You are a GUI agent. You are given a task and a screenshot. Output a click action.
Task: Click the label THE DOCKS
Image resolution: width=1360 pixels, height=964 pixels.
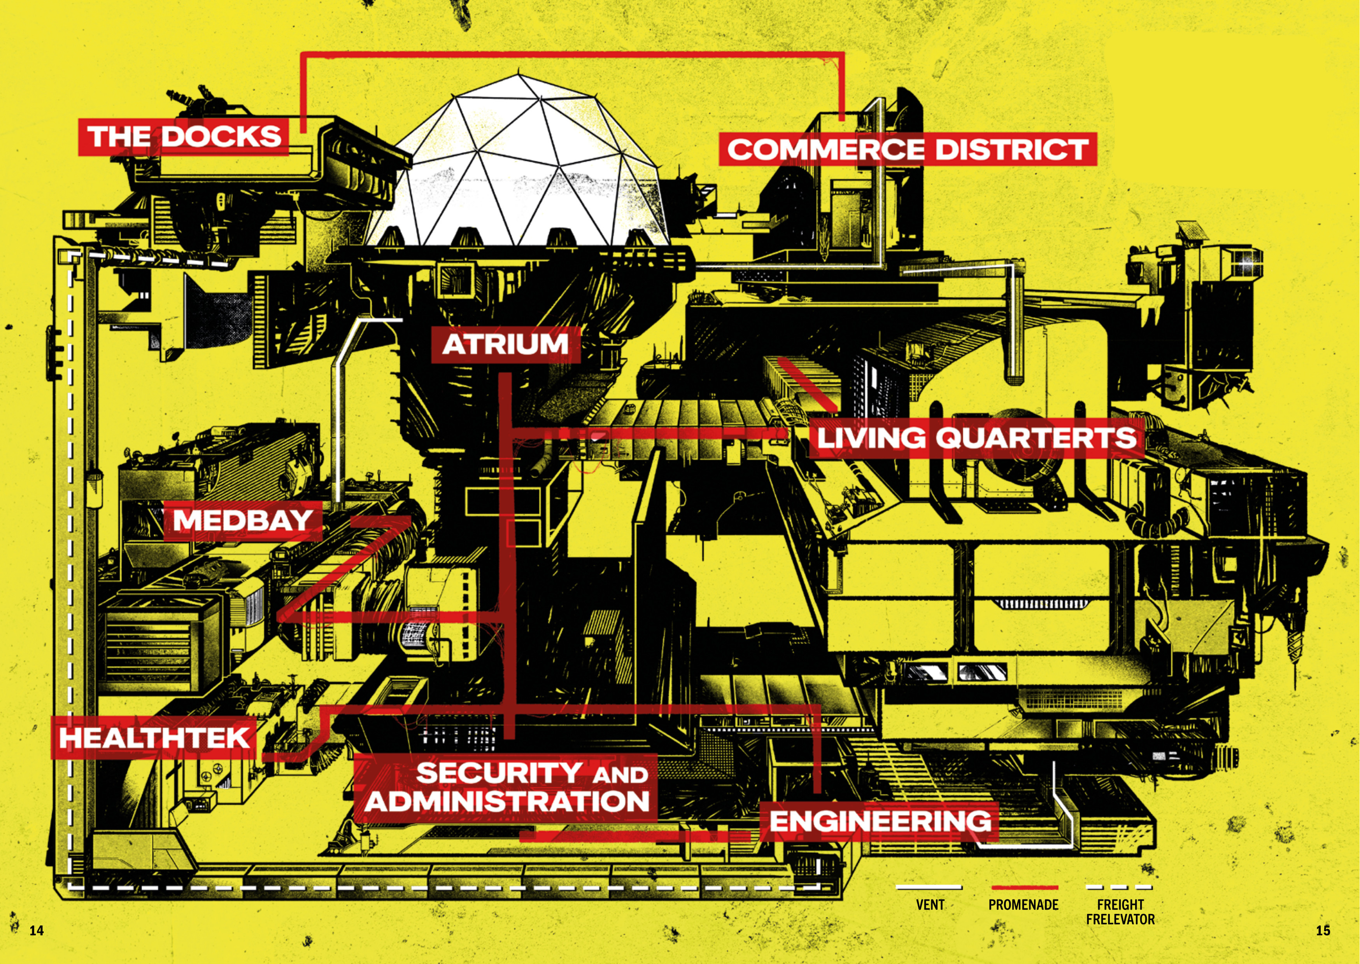184,136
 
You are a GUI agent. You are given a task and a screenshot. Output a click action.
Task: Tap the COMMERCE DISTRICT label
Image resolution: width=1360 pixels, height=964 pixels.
908,149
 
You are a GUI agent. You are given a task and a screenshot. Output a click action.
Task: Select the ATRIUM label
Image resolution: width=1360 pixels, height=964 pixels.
505,344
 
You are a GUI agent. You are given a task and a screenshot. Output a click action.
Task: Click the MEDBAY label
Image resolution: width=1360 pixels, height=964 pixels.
243,520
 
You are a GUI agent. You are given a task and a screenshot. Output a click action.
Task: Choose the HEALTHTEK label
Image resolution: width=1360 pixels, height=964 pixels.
154,738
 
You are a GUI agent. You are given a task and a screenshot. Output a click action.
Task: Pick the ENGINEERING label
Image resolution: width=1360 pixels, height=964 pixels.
880,821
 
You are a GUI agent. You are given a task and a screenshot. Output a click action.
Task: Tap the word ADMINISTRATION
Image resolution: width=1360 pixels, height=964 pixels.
507,802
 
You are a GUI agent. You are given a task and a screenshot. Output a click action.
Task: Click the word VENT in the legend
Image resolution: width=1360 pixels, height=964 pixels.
930,905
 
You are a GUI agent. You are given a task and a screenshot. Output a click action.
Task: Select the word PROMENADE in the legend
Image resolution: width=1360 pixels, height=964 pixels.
1023,905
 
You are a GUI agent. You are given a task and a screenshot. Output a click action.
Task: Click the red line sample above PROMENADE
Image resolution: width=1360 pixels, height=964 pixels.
1024,887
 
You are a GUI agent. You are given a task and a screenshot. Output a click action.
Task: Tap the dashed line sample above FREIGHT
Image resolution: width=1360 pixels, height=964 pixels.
1120,887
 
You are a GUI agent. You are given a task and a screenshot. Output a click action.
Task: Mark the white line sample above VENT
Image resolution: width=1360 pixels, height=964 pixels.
929,887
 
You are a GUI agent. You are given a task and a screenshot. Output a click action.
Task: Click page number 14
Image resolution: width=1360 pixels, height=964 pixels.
37,930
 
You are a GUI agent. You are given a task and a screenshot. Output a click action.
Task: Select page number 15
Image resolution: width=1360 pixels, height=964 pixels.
1323,930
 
